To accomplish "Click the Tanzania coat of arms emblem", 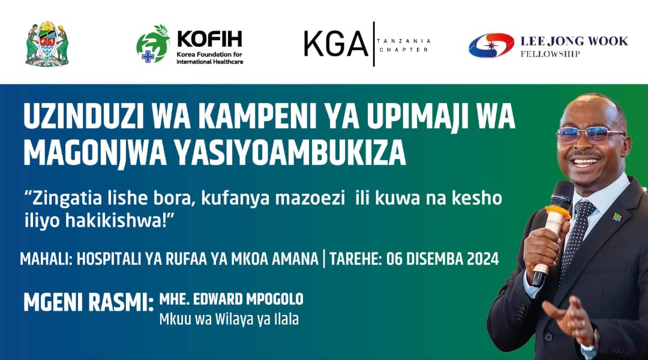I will click(x=47, y=43).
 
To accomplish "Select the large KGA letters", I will click(x=335, y=44).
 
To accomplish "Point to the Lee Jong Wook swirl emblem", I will click(x=491, y=45).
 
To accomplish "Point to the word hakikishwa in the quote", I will click(x=116, y=221).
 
